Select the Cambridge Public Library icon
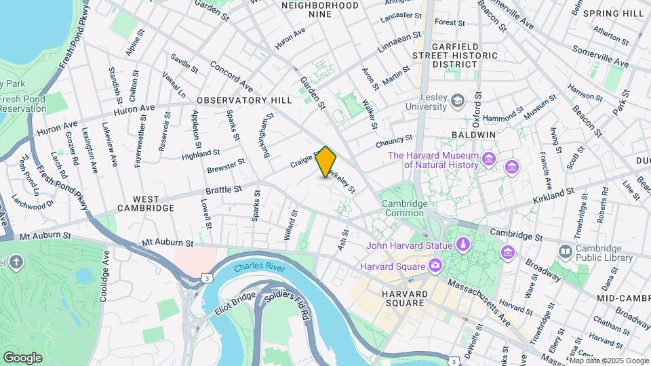pos(565,252)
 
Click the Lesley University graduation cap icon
pos(458,101)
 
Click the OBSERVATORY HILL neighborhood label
pos(244,100)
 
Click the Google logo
pos(22,357)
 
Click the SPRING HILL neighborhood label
pos(612,14)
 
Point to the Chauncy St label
pos(395,142)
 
